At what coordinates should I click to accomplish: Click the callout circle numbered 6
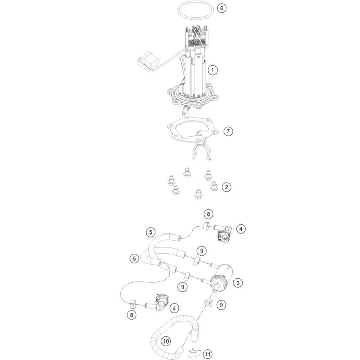(222, 8)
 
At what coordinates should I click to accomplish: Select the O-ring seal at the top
(195, 2)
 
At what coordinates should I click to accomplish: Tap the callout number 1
(212, 70)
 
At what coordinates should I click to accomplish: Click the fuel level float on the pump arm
(148, 62)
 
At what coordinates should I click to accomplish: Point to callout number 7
(228, 131)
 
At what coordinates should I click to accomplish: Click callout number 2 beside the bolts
(227, 187)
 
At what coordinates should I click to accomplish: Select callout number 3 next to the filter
(238, 283)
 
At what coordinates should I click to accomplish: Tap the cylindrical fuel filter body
(222, 277)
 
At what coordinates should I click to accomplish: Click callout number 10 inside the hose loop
(166, 341)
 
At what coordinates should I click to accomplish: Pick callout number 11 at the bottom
(207, 354)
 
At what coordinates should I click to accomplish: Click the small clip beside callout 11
(194, 354)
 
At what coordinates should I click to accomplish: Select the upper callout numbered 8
(208, 214)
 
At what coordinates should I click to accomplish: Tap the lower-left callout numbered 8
(132, 315)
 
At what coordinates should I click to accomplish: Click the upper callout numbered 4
(241, 229)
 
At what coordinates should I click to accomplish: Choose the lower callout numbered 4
(174, 308)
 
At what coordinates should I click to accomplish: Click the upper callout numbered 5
(150, 232)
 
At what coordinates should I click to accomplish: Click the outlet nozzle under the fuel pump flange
(185, 111)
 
